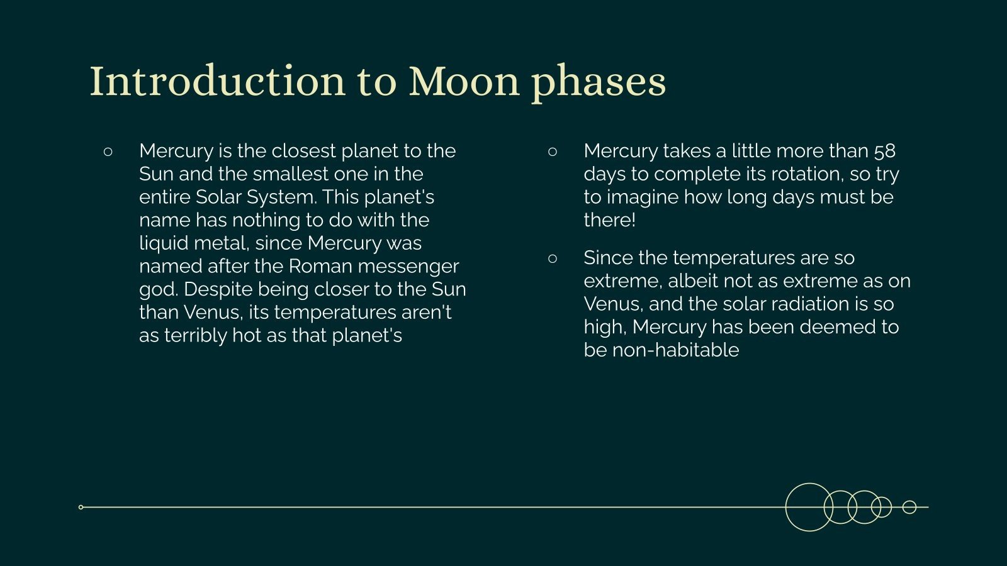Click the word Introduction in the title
(217, 82)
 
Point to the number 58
(884, 151)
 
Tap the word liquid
(163, 244)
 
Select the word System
(280, 197)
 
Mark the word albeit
(698, 280)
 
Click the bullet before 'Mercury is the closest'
(108, 152)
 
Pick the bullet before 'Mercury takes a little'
(553, 152)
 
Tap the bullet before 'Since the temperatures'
(553, 258)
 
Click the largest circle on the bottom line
(809, 507)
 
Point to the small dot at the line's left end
(81, 507)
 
